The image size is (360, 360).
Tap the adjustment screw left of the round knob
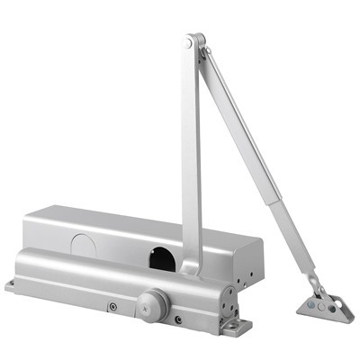pyautogui.click(x=112, y=307)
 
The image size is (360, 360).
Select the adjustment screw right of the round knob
pyautogui.click(x=179, y=319)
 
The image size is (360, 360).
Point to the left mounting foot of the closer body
pyautogui.click(x=11, y=287)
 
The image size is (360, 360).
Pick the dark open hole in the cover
pyautogui.click(x=163, y=258)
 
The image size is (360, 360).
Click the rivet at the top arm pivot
pyautogui.click(x=187, y=42)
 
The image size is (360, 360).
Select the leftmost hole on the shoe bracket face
pyautogui.click(x=311, y=304)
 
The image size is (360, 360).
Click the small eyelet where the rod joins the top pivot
pyautogui.click(x=204, y=53)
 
